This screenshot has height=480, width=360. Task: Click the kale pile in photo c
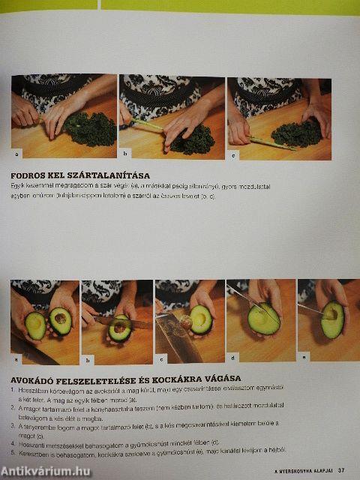point(298,133)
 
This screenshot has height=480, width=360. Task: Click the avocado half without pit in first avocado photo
point(34,325)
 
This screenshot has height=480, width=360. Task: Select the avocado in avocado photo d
point(264,319)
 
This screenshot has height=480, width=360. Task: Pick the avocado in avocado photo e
point(331,319)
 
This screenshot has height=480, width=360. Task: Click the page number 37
point(340,470)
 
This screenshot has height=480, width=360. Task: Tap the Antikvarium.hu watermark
point(49,469)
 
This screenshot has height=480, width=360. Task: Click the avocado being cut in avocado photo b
point(120,328)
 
